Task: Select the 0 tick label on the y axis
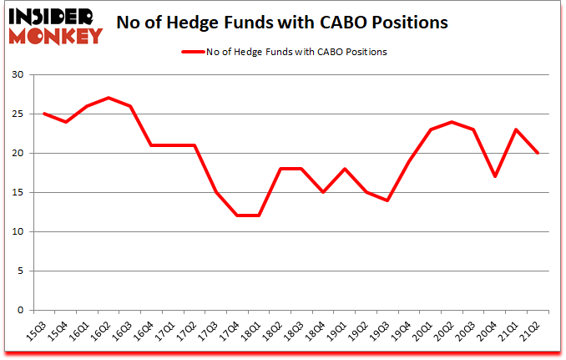pos(20,310)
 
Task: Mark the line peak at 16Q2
pos(109,98)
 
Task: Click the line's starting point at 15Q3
pos(44,114)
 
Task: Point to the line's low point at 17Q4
pos(237,215)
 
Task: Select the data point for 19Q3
pos(387,200)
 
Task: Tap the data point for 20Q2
pos(452,122)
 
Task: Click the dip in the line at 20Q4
pos(495,176)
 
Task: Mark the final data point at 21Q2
pos(538,153)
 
